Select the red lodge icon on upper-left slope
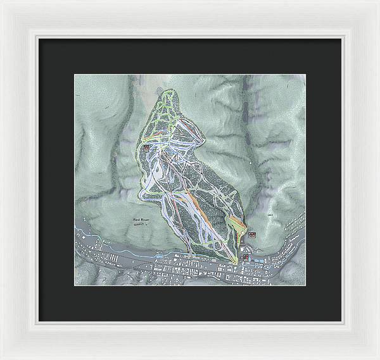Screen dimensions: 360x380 pos(147,147)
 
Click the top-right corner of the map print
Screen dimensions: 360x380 pos(305,75)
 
